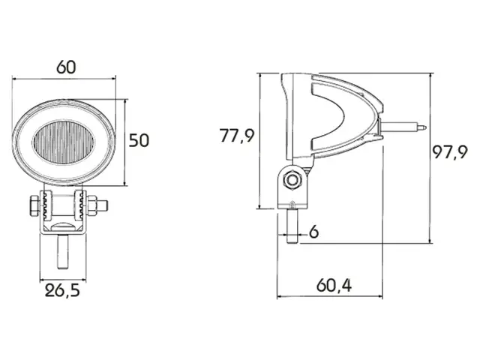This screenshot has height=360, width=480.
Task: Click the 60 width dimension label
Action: coord(66,67)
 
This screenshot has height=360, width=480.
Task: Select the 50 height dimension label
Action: coord(139,140)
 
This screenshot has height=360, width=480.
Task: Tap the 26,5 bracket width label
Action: coord(62,290)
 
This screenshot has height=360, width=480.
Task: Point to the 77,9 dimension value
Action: coord(237,136)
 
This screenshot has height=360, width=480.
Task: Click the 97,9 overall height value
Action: coord(450,151)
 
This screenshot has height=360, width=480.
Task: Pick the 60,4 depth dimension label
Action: coord(334,285)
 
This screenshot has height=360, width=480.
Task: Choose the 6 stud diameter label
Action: coord(313,232)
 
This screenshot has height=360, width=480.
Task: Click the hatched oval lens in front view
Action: coord(64,142)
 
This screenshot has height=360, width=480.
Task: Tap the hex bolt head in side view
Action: coord(292,180)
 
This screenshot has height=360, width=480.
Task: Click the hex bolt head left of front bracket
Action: coord(34,205)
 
